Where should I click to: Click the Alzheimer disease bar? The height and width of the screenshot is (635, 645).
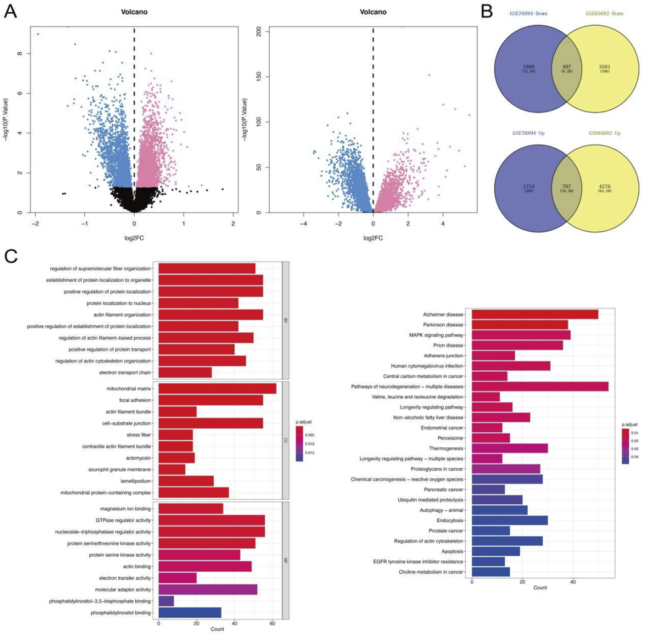pyautogui.click(x=535, y=314)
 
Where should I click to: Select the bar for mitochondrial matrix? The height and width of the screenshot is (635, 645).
pyautogui.click(x=217, y=389)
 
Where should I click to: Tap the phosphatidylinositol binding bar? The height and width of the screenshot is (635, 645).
pyautogui.click(x=190, y=613)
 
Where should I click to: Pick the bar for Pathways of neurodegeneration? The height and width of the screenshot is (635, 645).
pyautogui.click(x=540, y=386)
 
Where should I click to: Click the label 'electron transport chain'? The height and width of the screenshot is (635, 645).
pyautogui.click(x=125, y=373)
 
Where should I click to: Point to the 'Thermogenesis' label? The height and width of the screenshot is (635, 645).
pyautogui.click(x=446, y=448)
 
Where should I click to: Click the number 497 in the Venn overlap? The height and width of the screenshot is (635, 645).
pyautogui.click(x=566, y=67)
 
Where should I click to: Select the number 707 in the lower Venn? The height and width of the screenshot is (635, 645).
pyautogui.click(x=566, y=186)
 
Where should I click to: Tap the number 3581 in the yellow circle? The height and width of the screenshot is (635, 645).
pyautogui.click(x=605, y=67)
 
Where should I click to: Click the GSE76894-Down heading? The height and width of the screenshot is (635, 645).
pyautogui.click(x=528, y=14)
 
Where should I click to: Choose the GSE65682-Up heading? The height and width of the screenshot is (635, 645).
pyautogui.click(x=605, y=133)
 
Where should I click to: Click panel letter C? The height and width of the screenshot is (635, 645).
pyautogui.click(x=11, y=257)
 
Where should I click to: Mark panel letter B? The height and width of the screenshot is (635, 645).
pyautogui.click(x=487, y=12)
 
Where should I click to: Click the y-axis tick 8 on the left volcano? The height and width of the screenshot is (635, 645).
pyautogui.click(x=20, y=53)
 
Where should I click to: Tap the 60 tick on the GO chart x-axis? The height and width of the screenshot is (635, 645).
pyautogui.click(x=272, y=623)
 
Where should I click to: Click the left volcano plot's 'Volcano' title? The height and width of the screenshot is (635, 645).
pyautogui.click(x=134, y=12)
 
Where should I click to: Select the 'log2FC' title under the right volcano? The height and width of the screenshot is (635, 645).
pyautogui.click(x=373, y=238)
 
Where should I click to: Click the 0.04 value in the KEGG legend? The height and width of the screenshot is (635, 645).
pyautogui.click(x=634, y=457)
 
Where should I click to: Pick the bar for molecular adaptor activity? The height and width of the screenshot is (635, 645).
pyautogui.click(x=208, y=590)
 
